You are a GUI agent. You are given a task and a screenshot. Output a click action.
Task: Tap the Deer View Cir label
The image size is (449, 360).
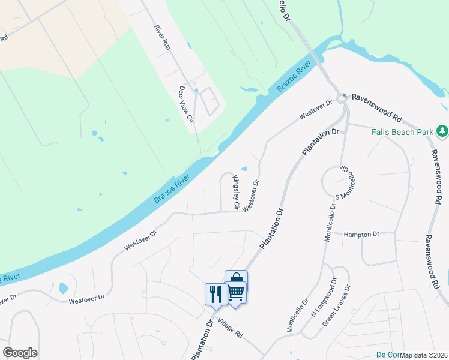(187, 104)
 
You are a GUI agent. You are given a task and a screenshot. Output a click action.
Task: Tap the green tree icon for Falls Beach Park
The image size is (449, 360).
(442, 130)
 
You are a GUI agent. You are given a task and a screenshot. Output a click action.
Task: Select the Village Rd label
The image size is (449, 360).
(230, 328)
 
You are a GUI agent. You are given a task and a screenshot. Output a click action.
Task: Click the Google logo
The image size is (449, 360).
(20, 353)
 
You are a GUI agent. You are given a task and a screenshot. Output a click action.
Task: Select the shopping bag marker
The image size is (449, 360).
(236, 279)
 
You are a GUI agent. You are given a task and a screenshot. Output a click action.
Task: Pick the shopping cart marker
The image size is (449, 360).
(236, 292)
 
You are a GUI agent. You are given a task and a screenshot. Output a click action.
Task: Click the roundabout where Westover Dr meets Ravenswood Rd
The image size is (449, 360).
(342, 98)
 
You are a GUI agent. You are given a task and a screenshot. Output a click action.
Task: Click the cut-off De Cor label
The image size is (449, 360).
(388, 355)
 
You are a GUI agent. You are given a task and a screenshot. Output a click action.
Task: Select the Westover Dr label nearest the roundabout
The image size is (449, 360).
(316, 109)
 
